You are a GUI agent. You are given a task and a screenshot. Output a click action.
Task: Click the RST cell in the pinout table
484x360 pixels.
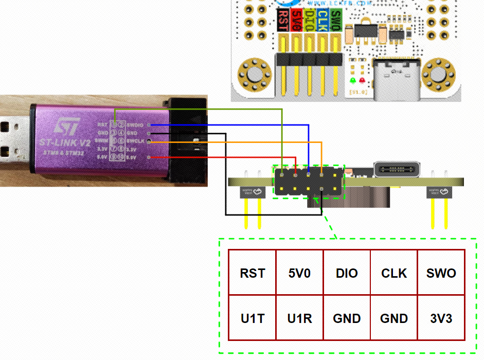[x=252, y=273]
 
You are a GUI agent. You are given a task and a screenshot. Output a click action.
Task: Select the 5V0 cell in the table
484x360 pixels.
[x=299, y=273]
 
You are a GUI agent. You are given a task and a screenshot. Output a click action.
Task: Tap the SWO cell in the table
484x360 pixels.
[x=441, y=273]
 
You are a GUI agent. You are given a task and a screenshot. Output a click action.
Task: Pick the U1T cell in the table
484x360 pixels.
[x=252, y=318]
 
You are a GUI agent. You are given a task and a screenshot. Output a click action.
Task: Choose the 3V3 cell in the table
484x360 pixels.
[x=441, y=318]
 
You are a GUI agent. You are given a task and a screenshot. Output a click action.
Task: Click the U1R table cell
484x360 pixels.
[x=299, y=318]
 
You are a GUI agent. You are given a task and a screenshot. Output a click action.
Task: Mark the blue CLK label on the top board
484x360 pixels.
[x=322, y=21]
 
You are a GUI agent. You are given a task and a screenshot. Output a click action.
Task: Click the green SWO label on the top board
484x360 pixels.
[x=335, y=21]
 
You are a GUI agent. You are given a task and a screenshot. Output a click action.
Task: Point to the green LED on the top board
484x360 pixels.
[x=353, y=81]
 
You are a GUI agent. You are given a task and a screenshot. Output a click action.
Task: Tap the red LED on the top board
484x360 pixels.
[x=362, y=81]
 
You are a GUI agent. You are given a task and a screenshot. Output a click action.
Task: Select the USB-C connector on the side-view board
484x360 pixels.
[x=397, y=169]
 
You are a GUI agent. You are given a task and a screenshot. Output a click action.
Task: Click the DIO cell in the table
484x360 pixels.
[x=347, y=273]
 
